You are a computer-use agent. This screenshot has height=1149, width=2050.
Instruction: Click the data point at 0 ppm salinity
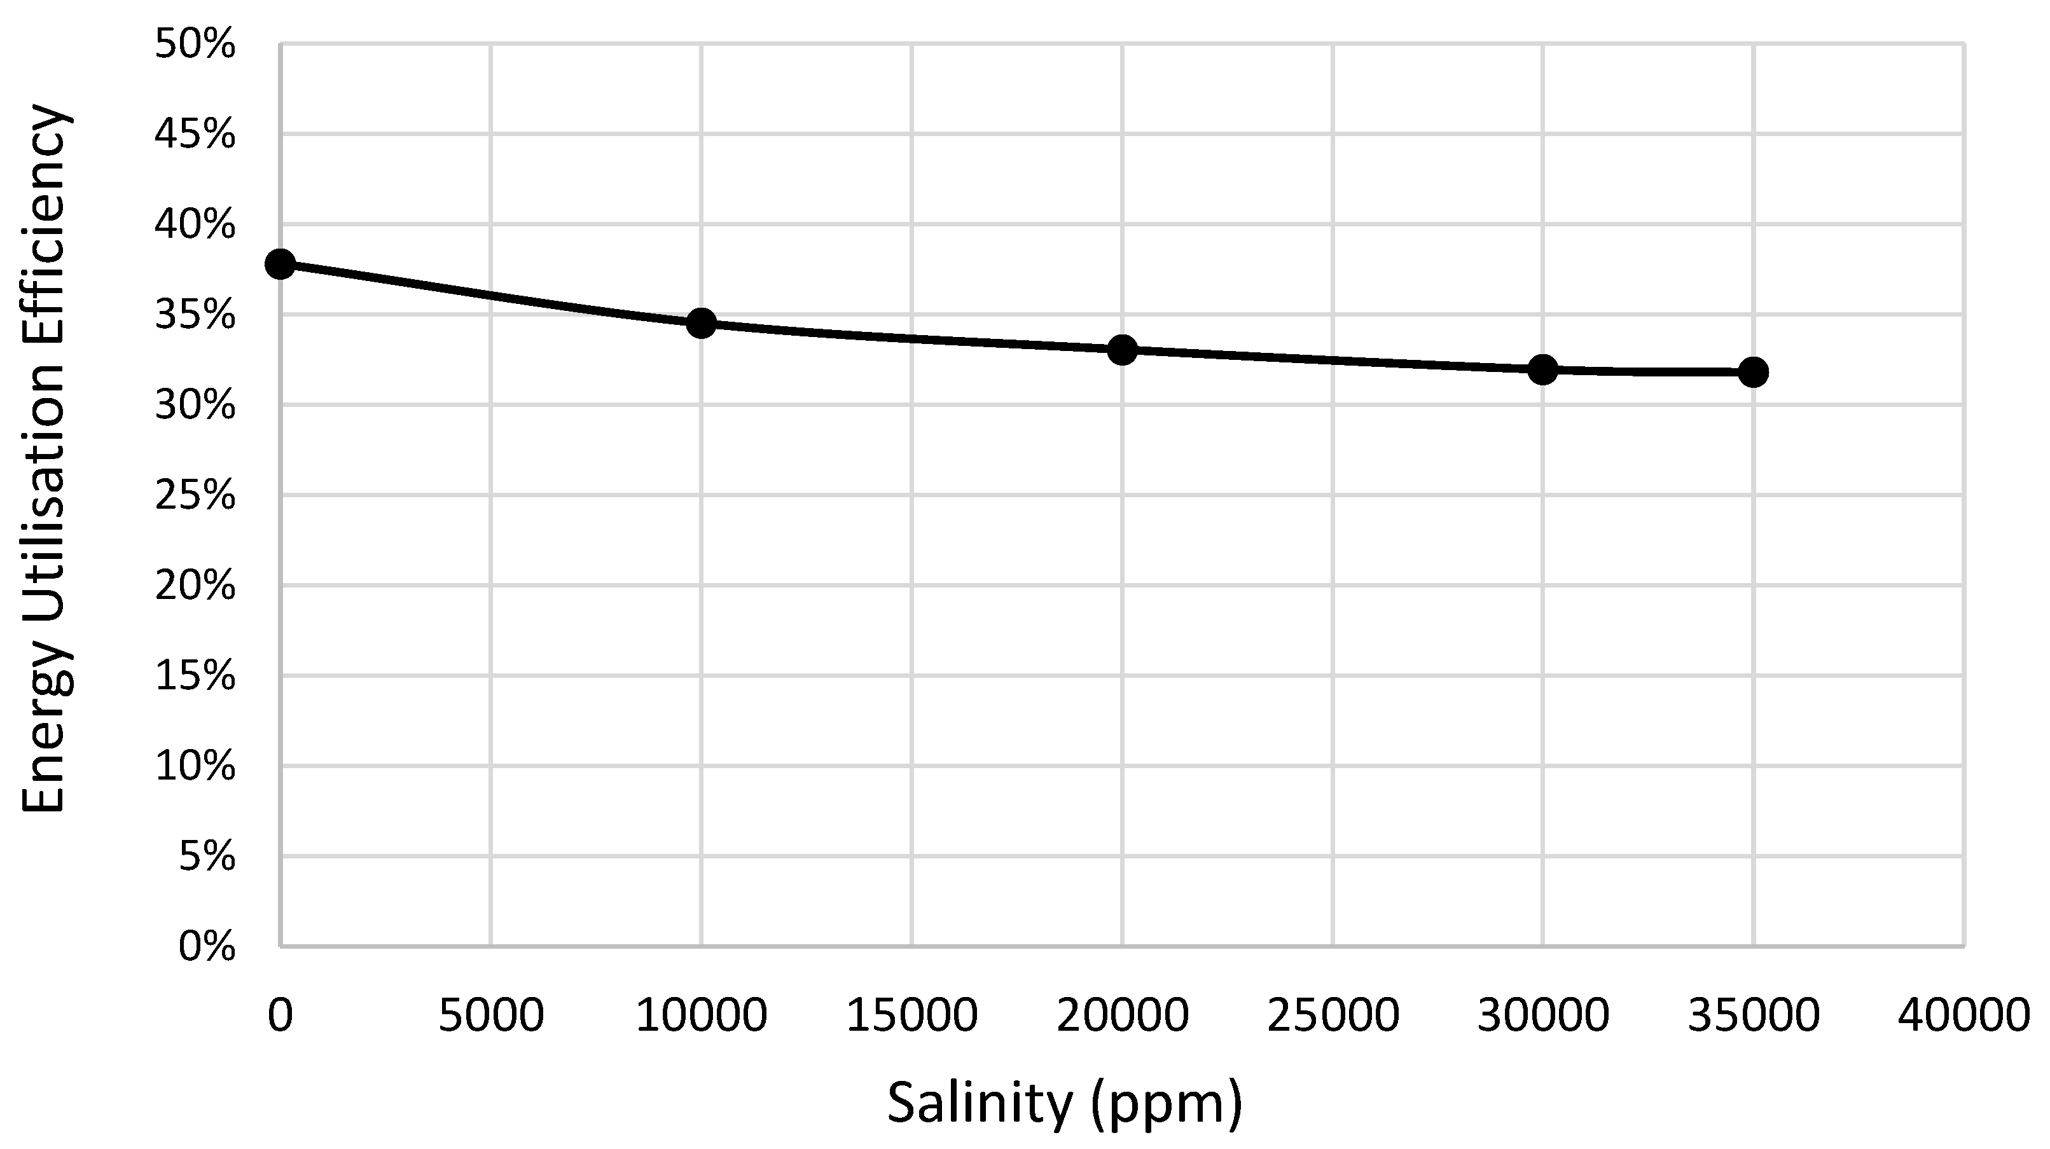pyautogui.click(x=280, y=263)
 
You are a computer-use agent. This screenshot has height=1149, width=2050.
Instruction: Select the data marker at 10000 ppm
pyautogui.click(x=701, y=323)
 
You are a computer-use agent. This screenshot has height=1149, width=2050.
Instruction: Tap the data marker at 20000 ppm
pyautogui.click(x=1122, y=349)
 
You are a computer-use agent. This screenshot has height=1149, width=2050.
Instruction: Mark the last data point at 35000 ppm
pyautogui.click(x=1753, y=371)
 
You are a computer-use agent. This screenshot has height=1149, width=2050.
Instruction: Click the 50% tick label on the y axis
pyautogui.click(x=195, y=45)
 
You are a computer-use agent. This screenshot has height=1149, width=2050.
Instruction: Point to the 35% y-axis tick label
pyautogui.click(x=195, y=316)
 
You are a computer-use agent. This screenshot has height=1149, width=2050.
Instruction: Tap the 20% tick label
pyautogui.click(x=195, y=586)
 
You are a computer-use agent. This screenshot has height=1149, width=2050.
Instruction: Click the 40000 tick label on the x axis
pyautogui.click(x=1963, y=1016)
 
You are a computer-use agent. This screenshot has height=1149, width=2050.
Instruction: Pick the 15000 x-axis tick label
pyautogui.click(x=911, y=1016)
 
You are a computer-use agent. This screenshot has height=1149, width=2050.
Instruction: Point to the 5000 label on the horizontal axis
pyautogui.click(x=491, y=1016)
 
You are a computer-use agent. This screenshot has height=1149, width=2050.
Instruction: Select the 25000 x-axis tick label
pyautogui.click(x=1332, y=1016)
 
